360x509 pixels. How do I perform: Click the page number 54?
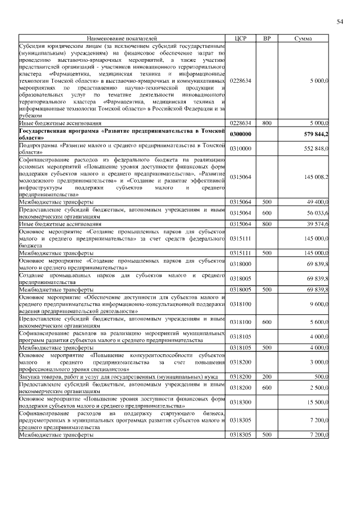coord(340,22)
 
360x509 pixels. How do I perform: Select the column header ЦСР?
coord(240,38)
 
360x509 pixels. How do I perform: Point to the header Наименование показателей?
coord(122,38)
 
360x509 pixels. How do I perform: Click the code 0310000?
coord(240,148)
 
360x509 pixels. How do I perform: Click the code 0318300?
coord(240,402)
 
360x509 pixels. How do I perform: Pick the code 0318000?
coord(240,264)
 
